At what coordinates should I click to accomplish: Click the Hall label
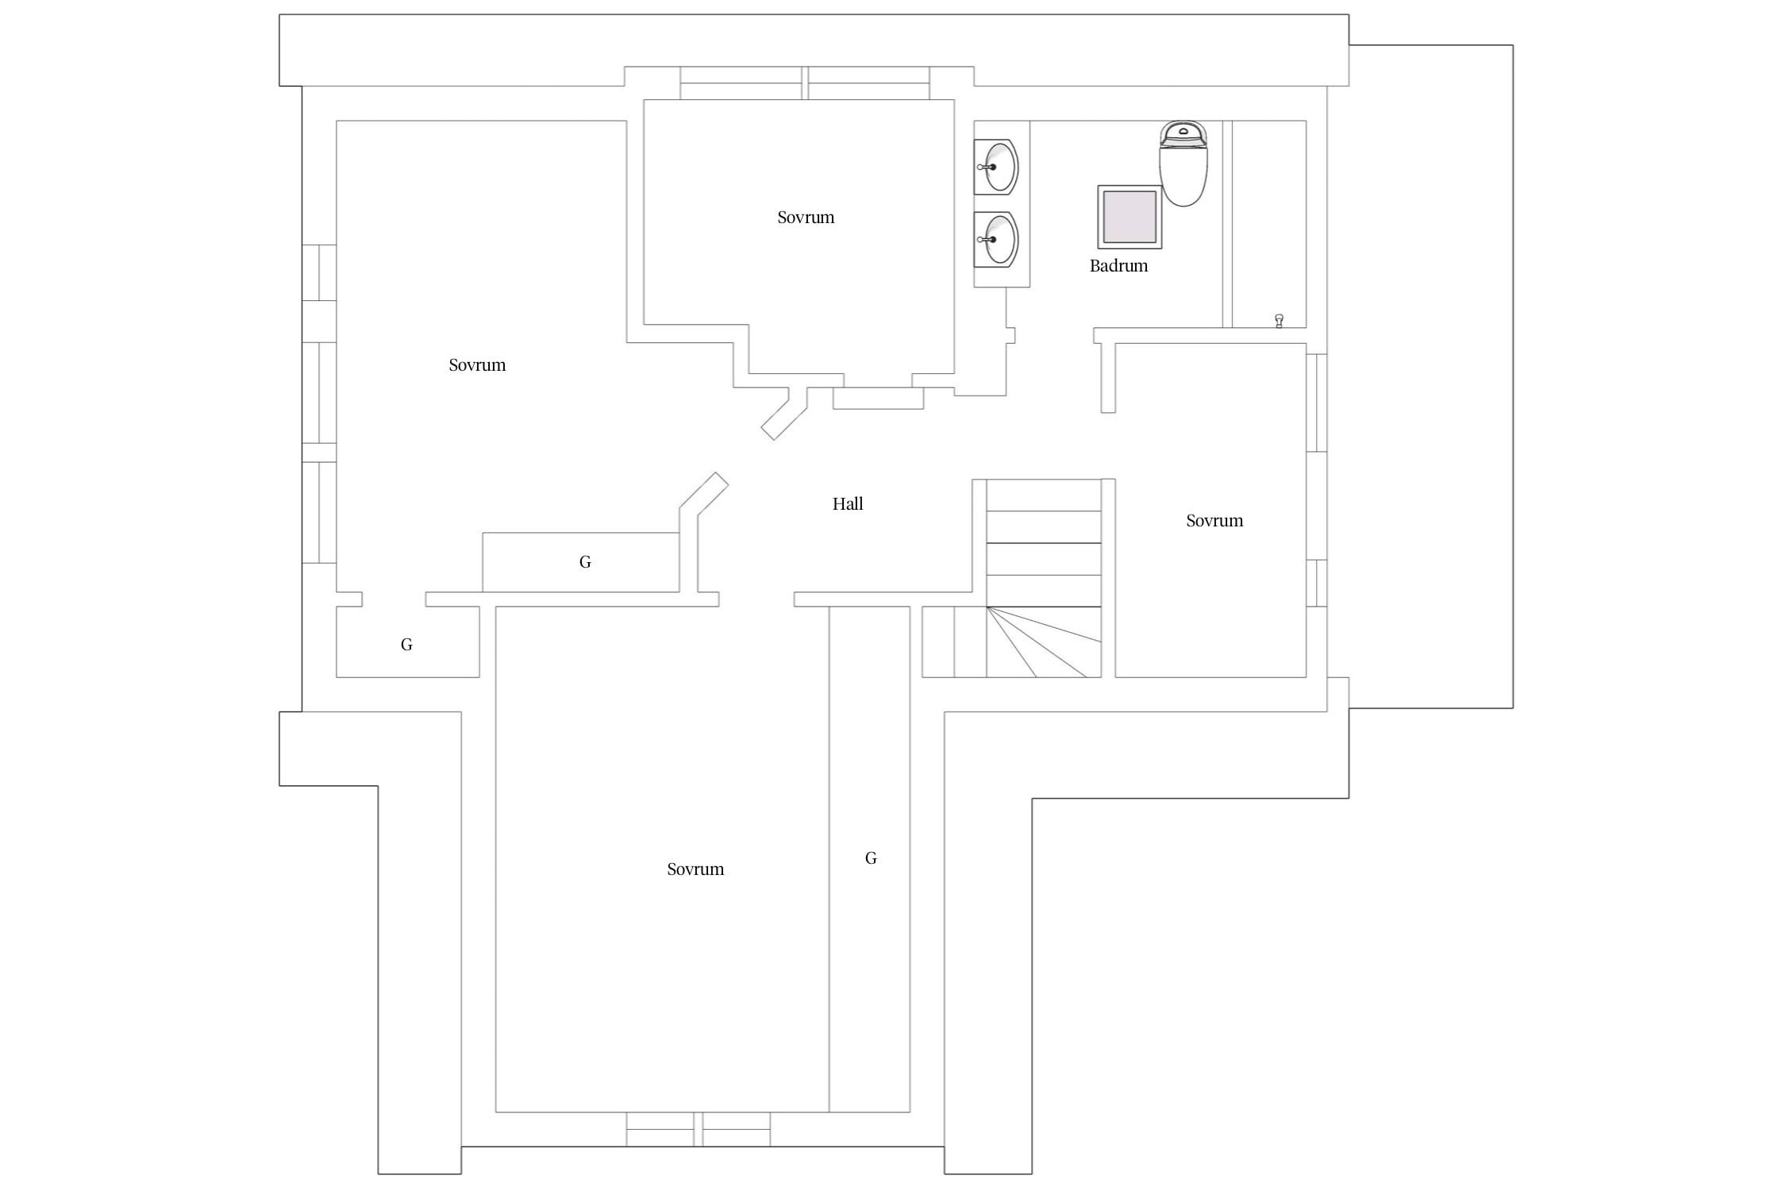[848, 503]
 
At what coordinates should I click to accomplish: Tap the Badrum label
[1118, 266]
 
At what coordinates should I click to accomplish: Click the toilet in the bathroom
[1183, 164]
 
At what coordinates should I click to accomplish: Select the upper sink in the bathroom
[996, 167]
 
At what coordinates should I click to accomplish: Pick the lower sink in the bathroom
[996, 239]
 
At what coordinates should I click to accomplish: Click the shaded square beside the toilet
[1130, 217]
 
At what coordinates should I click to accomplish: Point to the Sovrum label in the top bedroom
[806, 218]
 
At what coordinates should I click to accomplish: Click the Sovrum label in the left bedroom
[477, 365]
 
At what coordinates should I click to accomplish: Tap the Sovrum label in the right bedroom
[1214, 521]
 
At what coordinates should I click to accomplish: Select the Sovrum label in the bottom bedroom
[695, 869]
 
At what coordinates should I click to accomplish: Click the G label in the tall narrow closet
[871, 858]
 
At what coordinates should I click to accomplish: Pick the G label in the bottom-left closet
[406, 645]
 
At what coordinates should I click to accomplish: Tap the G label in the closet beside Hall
[585, 562]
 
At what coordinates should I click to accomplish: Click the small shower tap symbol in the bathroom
[1279, 321]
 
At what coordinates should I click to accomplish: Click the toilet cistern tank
[1183, 134]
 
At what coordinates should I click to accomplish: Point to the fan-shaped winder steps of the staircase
[1044, 642]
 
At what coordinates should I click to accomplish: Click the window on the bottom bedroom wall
[699, 1129]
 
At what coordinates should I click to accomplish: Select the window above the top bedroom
[805, 83]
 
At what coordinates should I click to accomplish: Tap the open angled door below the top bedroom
[784, 414]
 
